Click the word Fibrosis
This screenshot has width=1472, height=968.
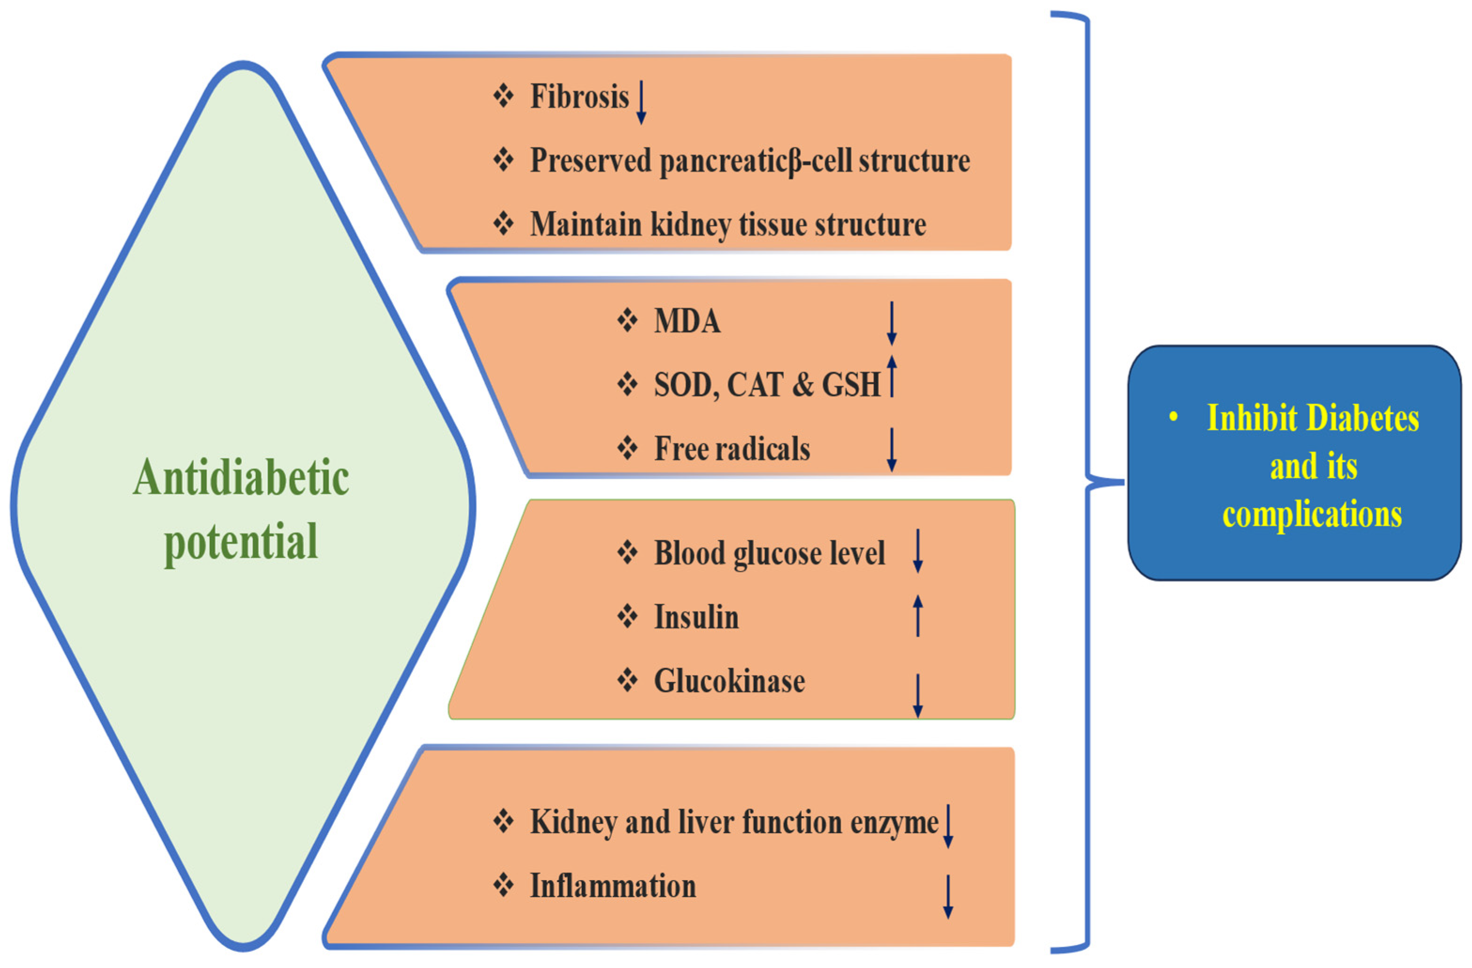point(579,97)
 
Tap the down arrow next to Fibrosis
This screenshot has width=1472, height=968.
point(641,101)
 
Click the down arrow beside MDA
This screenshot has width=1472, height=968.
point(891,323)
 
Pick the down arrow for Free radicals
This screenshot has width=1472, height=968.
point(891,449)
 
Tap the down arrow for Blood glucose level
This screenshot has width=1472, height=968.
point(918,550)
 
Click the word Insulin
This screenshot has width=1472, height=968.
point(696,617)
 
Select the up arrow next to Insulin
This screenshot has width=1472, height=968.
point(918,615)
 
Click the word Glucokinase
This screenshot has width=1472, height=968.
point(729,681)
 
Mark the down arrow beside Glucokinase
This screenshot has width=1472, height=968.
point(918,696)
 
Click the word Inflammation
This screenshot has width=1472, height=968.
point(613,886)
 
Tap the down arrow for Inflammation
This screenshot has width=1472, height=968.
point(948,896)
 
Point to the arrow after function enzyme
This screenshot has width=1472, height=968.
point(948,826)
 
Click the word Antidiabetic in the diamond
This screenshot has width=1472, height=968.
point(241,478)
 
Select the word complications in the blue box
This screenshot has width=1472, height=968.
point(1312,515)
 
